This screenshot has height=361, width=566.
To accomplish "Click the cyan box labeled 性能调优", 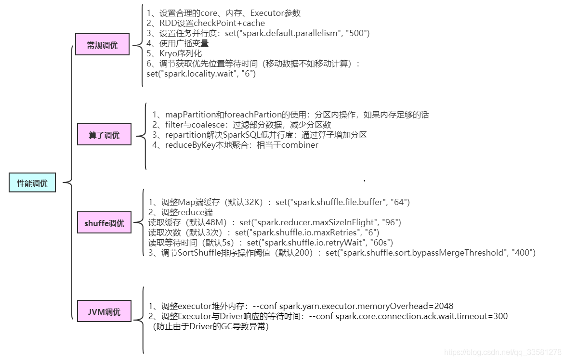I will [32, 183].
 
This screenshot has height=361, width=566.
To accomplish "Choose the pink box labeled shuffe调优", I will [104, 223].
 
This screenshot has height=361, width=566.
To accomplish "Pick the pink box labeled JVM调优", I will [104, 311].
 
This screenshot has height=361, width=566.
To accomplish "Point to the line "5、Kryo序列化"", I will [174, 53].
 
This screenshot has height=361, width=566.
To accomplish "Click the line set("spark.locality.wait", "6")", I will [201, 74].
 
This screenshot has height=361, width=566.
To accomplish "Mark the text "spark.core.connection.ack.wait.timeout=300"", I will [421, 316].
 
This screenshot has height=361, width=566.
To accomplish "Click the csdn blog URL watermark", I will [502, 352].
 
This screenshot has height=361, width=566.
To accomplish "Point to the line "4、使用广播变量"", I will [178, 43].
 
